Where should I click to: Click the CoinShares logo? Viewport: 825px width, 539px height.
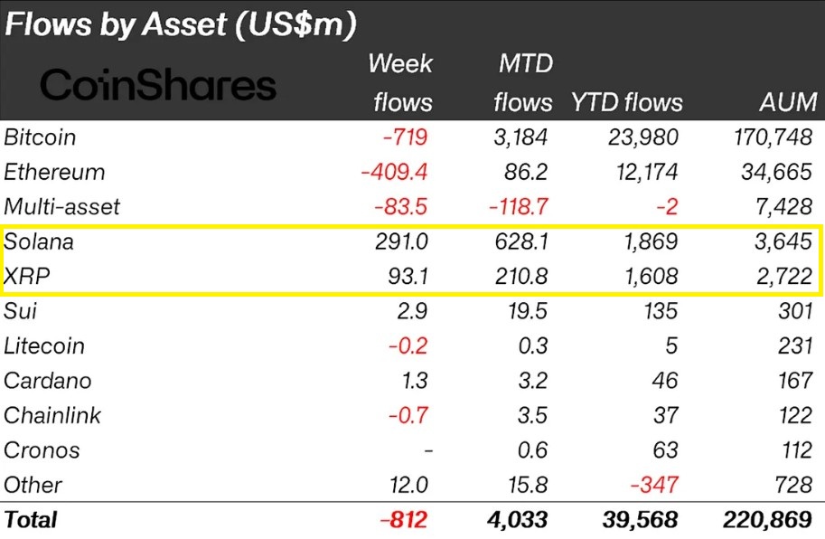pos(159,85)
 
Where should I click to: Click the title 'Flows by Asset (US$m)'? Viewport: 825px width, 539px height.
pos(181,24)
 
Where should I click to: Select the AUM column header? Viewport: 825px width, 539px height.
pos(787,102)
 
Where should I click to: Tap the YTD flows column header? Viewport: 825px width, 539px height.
pos(626,102)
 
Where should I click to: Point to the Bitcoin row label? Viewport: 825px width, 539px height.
pos(40,137)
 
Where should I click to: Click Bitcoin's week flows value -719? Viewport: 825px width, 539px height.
pos(401,137)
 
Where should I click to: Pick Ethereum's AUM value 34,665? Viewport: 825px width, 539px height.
pos(775,172)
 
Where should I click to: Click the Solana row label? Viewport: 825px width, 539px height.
pos(39,242)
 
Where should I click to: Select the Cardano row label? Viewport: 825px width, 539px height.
pos(47,381)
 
